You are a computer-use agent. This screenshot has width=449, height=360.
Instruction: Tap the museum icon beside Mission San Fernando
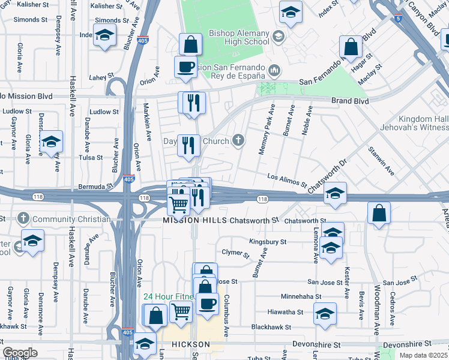tap(275, 71)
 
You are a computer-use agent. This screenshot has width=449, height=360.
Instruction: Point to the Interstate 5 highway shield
tap(399, 19)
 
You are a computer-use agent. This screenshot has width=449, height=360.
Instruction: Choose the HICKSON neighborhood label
tap(190, 344)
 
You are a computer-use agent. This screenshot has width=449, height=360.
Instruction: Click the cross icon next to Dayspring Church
tap(238, 141)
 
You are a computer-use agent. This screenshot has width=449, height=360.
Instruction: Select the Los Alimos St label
tap(287, 177)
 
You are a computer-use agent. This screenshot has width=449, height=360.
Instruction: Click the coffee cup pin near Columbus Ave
tap(208, 304)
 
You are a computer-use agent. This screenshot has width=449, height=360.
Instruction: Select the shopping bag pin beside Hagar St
tap(351, 47)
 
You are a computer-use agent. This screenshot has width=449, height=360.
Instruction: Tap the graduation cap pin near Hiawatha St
tap(325, 313)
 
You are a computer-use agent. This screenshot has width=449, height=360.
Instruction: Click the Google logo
tap(19, 353)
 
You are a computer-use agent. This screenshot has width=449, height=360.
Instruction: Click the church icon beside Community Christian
tap(24, 218)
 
